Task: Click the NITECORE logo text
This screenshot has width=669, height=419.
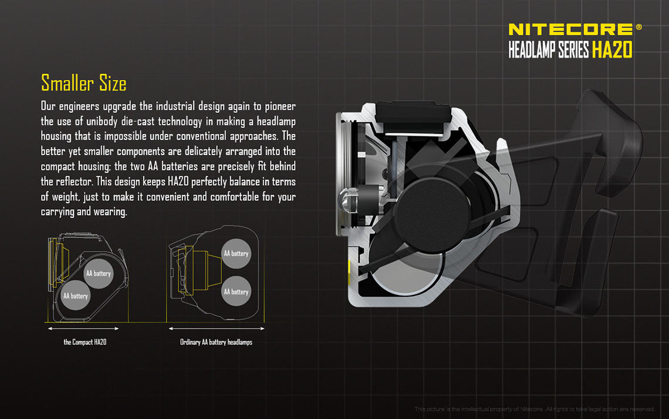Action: (x=570, y=29)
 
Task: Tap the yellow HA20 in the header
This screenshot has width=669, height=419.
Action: (x=612, y=51)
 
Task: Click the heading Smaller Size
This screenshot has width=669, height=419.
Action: (x=83, y=83)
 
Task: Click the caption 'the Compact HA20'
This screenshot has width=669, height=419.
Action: (x=85, y=342)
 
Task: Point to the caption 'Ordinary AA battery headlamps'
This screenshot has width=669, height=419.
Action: (x=216, y=342)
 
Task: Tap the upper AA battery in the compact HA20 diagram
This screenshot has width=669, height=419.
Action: (x=98, y=273)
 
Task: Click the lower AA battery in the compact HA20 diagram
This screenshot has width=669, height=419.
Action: (x=75, y=296)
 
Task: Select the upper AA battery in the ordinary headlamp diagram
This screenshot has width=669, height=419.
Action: (x=236, y=254)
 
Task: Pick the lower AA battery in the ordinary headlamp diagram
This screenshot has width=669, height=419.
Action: (x=236, y=291)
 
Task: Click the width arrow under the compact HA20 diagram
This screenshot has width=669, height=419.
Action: (x=83, y=329)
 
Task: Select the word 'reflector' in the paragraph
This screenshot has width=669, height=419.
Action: (x=77, y=182)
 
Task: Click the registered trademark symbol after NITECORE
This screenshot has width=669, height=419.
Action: (x=638, y=26)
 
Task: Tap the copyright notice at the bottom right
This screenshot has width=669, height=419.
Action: (x=534, y=409)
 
